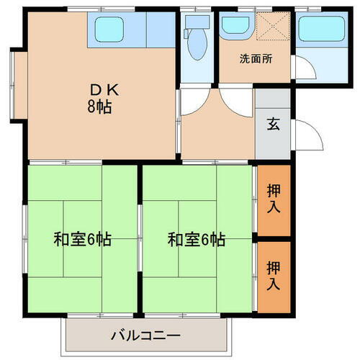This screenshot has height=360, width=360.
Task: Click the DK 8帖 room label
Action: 99,99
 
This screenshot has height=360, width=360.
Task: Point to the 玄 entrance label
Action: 274,122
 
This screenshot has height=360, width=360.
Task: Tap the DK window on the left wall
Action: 14,85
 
